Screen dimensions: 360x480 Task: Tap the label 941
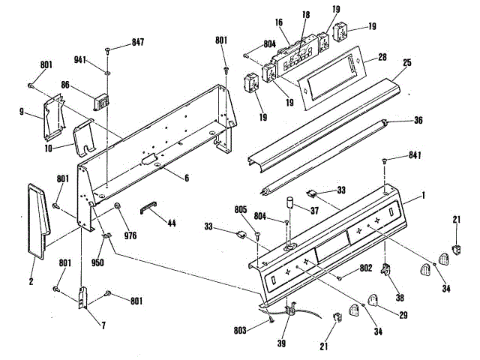[x=80, y=59]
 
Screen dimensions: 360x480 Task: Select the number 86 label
[x=65, y=86]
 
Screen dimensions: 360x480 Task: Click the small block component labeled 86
[x=99, y=100]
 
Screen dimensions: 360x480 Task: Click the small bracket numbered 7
[x=84, y=297]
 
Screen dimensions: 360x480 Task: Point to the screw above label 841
[x=385, y=160]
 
